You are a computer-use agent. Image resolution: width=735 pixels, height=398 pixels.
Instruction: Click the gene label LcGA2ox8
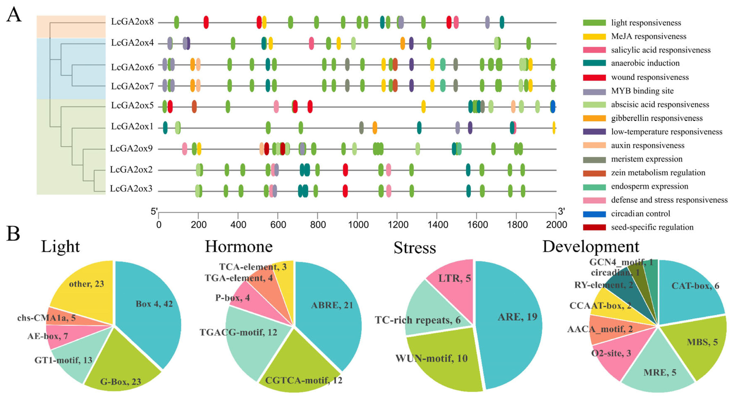(x=132, y=22)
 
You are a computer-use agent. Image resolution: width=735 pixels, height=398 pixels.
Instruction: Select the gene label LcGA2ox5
(x=132, y=106)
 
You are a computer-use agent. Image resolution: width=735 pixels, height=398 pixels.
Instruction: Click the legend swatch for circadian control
(x=594, y=214)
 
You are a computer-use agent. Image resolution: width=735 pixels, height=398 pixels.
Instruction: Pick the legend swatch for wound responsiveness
(x=594, y=77)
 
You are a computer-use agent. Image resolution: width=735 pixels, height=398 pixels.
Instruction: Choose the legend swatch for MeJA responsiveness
(x=594, y=37)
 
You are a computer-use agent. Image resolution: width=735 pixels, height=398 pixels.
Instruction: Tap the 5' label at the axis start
(x=154, y=212)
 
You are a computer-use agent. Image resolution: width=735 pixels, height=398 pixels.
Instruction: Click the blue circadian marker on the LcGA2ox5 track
(x=553, y=107)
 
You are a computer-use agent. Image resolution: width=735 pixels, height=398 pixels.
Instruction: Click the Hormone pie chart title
(x=239, y=246)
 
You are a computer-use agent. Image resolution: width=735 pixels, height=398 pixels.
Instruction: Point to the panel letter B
(x=13, y=234)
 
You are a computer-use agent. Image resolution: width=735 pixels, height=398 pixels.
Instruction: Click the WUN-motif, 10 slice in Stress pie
(x=442, y=363)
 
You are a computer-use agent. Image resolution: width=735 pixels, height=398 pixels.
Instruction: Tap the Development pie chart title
(x=591, y=246)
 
